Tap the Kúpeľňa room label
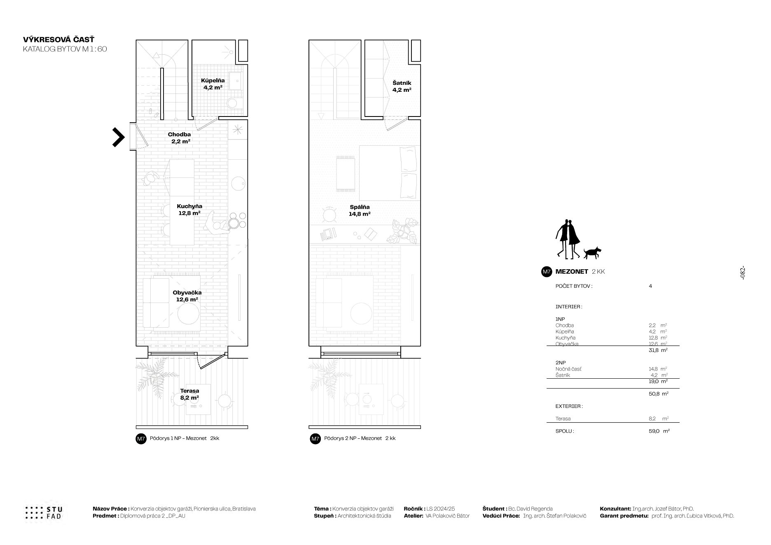(213, 84)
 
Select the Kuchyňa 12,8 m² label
(189, 210)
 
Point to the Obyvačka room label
(187, 296)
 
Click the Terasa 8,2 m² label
(189, 394)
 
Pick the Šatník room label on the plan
(402, 86)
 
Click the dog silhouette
(592, 253)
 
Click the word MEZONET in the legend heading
(572, 272)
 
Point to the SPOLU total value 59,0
(654, 431)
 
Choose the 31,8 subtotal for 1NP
(654, 350)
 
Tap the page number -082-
(742, 273)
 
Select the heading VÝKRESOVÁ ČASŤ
(59, 40)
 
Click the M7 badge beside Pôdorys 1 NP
(141, 439)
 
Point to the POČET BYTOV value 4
(650, 286)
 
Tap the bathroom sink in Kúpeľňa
(236, 82)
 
